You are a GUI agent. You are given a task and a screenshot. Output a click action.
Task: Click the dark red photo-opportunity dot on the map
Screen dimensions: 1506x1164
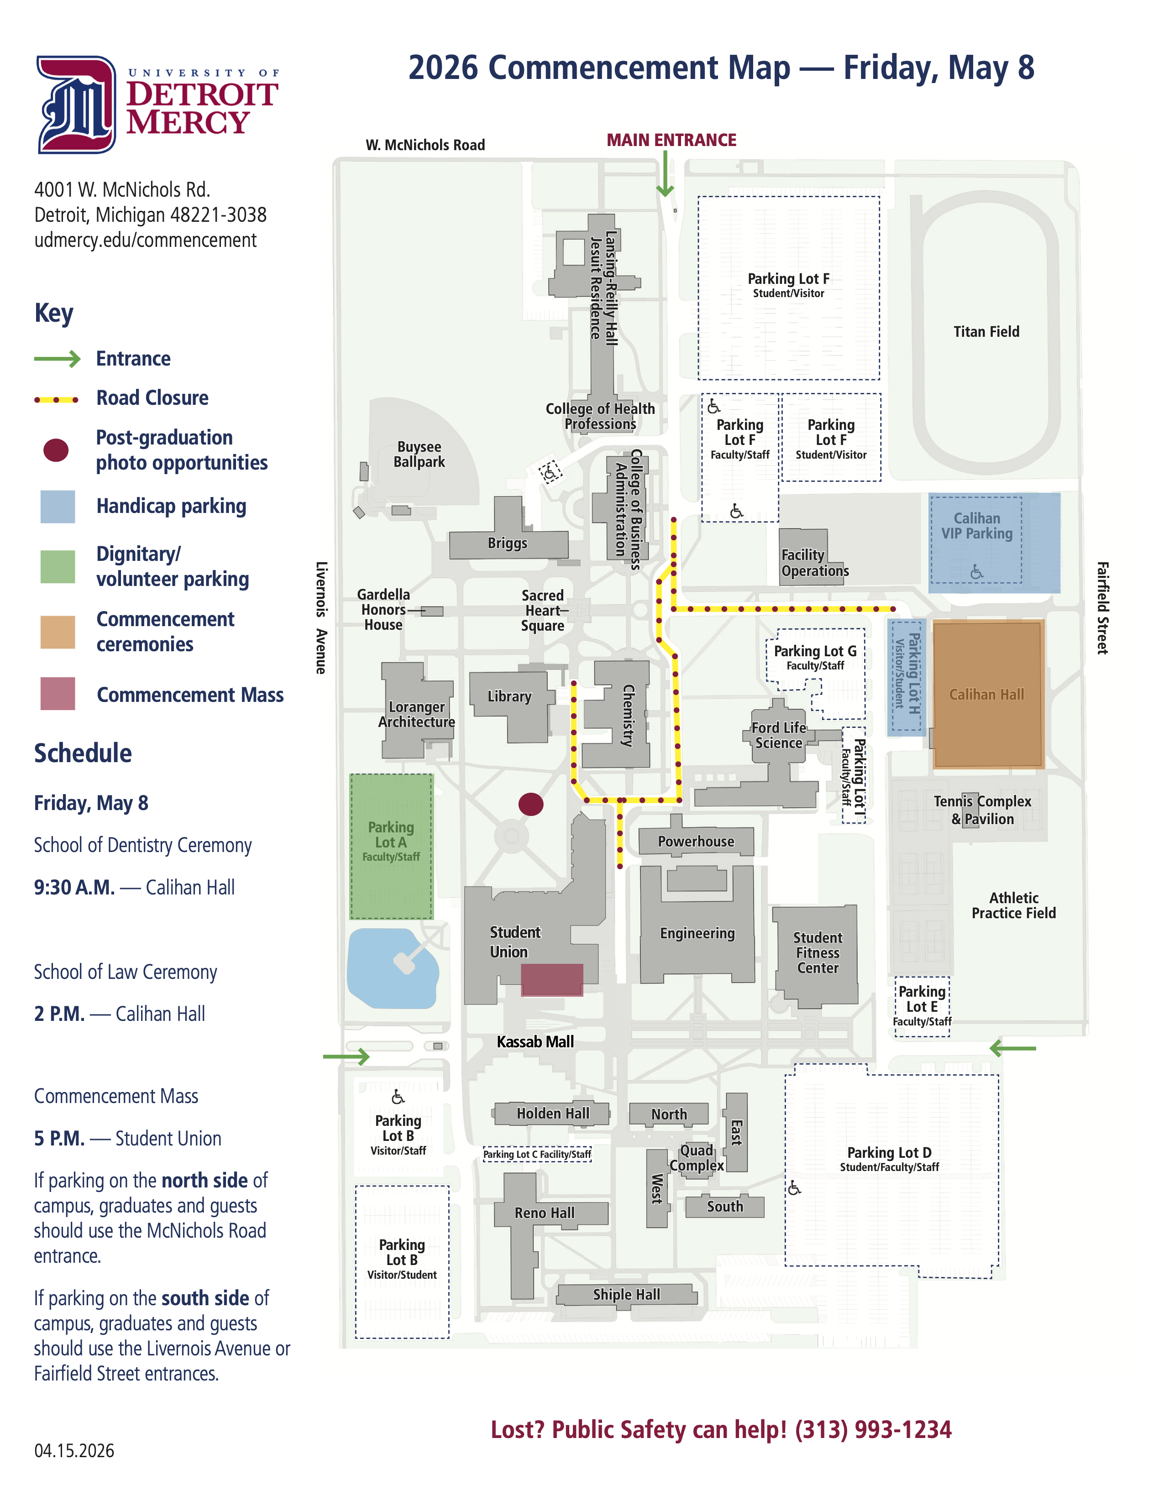[530, 804]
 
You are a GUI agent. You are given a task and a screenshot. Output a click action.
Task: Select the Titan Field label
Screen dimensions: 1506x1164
[986, 332]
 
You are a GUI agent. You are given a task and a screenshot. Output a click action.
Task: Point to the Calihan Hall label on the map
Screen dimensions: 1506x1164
[986, 695]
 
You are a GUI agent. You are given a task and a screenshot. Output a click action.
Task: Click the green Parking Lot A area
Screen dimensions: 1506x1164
[391, 846]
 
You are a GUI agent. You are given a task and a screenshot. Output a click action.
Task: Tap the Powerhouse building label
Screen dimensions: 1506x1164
[696, 841]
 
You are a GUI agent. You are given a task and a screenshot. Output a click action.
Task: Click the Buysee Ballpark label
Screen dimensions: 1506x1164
[419, 455]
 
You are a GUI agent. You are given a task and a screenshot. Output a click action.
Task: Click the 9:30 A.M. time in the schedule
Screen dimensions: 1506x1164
[74, 888]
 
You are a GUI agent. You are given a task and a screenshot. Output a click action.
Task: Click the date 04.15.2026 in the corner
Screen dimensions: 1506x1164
[74, 1451]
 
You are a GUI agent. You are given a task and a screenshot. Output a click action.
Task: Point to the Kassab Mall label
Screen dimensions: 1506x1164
[535, 1041]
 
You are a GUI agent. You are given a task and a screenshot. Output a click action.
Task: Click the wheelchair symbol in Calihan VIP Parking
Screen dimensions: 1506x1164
[976, 572]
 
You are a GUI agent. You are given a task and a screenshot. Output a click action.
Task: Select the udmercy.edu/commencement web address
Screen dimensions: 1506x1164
[146, 240]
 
